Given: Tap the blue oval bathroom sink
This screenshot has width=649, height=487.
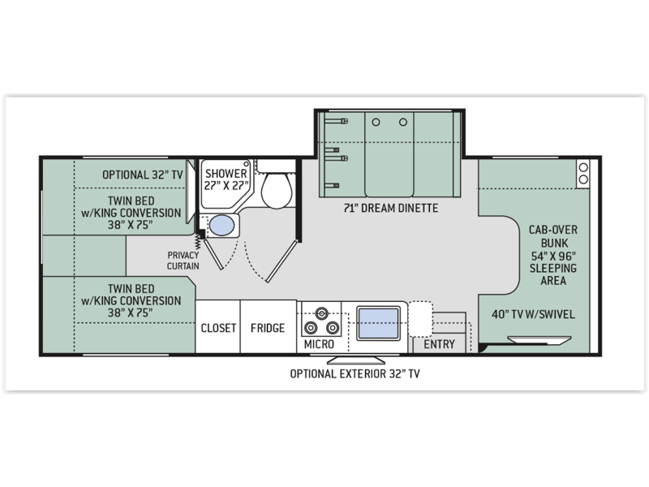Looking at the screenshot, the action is click(x=221, y=226).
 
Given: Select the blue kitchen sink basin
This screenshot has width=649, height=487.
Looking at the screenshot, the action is click(x=378, y=323).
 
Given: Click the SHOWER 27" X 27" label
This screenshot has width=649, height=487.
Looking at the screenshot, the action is click(x=226, y=179).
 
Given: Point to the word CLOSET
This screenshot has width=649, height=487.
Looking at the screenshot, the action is click(x=218, y=328).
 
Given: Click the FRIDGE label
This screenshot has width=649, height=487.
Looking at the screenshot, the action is click(x=268, y=328).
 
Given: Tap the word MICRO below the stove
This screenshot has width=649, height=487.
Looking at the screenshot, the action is click(x=319, y=344).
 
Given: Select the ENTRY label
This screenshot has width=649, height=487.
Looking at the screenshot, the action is click(x=439, y=344).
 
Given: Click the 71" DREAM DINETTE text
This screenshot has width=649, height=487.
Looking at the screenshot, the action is click(x=391, y=208).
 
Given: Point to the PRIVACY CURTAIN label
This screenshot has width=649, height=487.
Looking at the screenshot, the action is click(x=183, y=261).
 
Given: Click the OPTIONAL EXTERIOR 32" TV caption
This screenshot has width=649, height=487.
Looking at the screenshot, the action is click(x=355, y=374).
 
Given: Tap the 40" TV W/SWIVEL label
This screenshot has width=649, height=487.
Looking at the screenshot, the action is click(x=533, y=314).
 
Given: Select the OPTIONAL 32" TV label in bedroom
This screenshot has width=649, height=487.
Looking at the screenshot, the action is click(x=143, y=175).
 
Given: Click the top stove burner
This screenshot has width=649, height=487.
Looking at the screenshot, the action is click(x=321, y=313).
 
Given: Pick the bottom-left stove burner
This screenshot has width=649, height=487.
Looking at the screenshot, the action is click(x=311, y=329).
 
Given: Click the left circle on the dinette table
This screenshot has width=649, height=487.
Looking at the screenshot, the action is click(x=376, y=123).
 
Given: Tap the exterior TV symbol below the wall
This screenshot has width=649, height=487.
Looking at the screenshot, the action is click(x=356, y=360).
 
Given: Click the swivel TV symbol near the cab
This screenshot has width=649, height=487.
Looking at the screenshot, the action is click(x=539, y=340).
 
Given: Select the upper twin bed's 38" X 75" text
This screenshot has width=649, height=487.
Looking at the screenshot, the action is click(x=131, y=225).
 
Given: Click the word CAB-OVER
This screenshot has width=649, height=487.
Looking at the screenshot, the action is click(x=553, y=230).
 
